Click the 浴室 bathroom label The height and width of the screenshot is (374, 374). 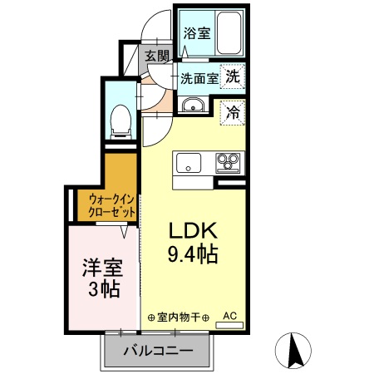pos(197,33)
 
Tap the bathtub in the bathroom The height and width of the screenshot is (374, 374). pos(229,33)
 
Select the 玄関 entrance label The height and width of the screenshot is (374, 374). pos(156,57)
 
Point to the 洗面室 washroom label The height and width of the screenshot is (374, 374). pos(199,79)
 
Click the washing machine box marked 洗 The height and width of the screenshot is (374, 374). pos(233,76)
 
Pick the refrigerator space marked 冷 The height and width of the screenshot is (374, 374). pos(233,113)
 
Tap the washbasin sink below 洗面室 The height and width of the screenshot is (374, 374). pos(193,105)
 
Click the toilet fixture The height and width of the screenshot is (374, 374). pos(121,122)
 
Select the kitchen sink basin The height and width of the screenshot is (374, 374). pos(189,162)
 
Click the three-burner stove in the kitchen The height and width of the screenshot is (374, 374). pos(228,162)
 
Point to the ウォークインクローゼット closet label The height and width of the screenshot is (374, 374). pos(111,205)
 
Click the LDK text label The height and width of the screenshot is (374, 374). pos(193,231)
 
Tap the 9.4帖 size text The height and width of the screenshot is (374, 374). pos(193,254)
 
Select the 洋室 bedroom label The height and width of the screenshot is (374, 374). pos(102,268)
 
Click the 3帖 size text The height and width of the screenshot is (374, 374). pos(104,289)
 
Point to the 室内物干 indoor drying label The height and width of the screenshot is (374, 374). pos(179,317)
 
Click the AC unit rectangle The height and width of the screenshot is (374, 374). pos(229,325)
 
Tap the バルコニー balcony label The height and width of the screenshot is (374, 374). pos(158,352)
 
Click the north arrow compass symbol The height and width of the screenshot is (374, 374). pos(293,350)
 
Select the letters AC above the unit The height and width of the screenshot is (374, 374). pos(230,316)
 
